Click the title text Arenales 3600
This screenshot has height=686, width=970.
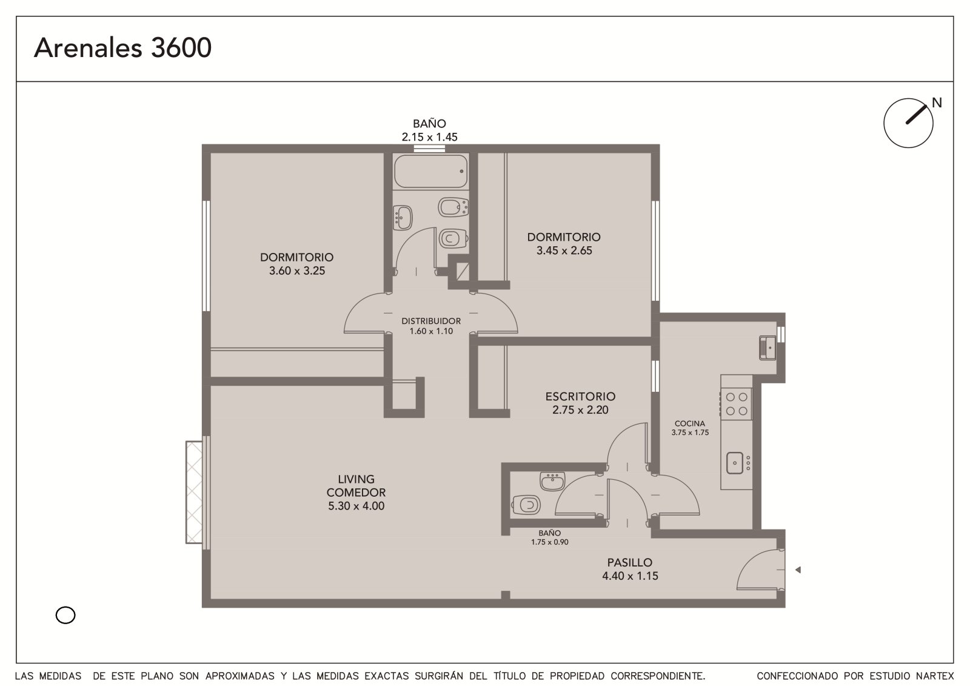[122, 47]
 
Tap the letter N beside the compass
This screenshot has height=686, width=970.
[937, 103]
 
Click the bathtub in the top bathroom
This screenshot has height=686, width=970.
[431, 171]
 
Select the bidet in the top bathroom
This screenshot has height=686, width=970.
[453, 207]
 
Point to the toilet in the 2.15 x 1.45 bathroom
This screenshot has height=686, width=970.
[453, 238]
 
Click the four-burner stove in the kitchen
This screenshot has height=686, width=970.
[737, 404]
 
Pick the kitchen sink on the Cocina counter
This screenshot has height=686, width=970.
[735, 463]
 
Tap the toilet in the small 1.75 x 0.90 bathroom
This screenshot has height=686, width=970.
[526, 505]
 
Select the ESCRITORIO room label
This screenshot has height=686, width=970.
[580, 397]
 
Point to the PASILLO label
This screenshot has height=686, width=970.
[630, 562]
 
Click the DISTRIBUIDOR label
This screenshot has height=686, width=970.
[431, 321]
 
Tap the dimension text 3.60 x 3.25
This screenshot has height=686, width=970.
[297, 271]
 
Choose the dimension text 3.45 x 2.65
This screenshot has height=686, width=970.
[564, 251]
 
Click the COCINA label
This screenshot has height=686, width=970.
[690, 423]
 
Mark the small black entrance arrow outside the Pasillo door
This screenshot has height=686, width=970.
[798, 570]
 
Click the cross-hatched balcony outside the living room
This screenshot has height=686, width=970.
[194, 492]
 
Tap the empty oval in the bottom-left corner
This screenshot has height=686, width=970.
[65, 615]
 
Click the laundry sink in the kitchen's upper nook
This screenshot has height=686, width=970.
[768, 348]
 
